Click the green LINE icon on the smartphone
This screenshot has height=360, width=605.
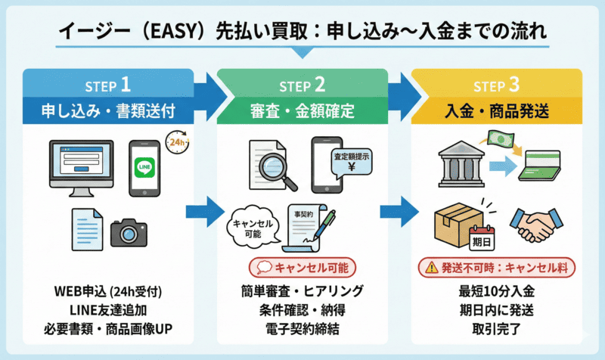click(x=144, y=168)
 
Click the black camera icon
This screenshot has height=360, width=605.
click(x=129, y=232)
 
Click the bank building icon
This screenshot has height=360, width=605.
click(x=461, y=164)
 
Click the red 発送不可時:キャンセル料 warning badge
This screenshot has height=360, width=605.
click(x=496, y=267)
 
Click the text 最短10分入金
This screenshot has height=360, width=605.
click(x=496, y=291)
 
